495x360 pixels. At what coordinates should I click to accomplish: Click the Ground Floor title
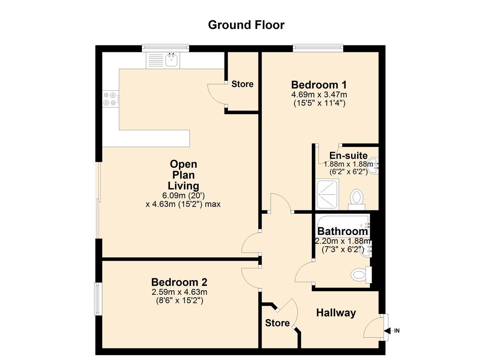[246, 25]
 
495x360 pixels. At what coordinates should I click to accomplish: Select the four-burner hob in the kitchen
[110, 99]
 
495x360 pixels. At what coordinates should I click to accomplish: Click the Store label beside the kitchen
[242, 84]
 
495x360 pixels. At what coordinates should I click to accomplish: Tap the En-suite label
[348, 155]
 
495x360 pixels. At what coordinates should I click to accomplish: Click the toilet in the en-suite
[356, 197]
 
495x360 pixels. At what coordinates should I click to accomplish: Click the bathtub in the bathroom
[342, 225]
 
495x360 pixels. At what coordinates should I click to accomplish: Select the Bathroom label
[342, 231]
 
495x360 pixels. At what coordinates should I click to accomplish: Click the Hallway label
[336, 313]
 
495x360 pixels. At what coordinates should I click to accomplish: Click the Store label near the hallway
[277, 322]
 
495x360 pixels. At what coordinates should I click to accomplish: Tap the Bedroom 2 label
[179, 282]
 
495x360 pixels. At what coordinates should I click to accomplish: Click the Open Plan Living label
[184, 174]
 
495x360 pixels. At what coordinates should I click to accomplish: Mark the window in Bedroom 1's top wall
[318, 48]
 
